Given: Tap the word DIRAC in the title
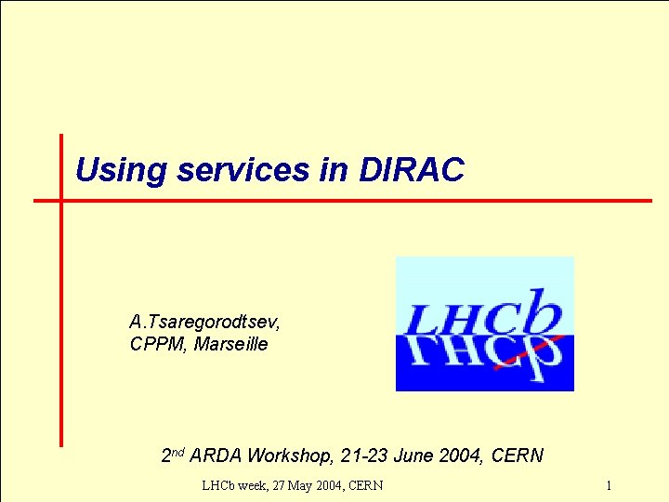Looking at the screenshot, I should (x=411, y=170).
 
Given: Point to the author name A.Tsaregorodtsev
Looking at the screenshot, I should (x=204, y=323).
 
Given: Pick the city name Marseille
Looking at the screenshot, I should (x=231, y=345).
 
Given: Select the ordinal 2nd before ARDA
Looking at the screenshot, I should (x=173, y=456).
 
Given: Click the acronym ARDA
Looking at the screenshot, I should (x=216, y=456).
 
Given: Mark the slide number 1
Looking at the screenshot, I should (x=608, y=485).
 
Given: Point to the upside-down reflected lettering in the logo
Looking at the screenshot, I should (x=485, y=358).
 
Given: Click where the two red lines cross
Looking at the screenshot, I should (x=61, y=200).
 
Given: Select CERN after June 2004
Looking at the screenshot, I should (x=517, y=456).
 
